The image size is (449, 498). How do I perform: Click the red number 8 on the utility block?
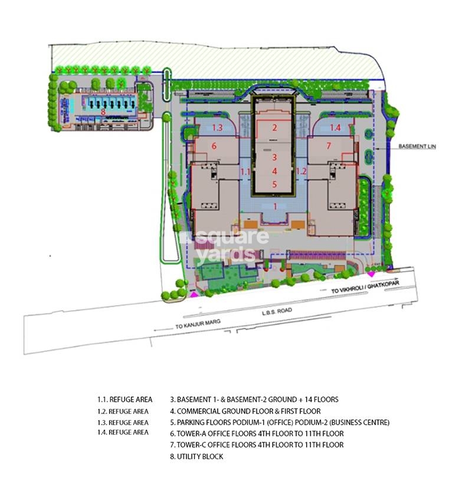pos(103,110)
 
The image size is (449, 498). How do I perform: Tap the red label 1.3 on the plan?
pos(217,128)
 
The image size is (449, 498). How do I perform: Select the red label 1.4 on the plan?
pos(335,128)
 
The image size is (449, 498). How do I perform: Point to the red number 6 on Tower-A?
pos(214,146)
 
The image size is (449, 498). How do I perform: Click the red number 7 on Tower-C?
pos(329,146)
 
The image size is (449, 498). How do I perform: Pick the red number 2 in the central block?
pos(274,128)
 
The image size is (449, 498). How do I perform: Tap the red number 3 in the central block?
pos(274,157)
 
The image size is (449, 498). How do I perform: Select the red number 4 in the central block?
pos(274,171)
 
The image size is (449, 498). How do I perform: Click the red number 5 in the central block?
pos(274,184)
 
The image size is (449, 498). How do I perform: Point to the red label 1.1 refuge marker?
pos(247,171)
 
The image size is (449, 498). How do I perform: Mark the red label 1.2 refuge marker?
pos(301,171)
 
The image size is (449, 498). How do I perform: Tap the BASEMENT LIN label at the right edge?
pos(416,146)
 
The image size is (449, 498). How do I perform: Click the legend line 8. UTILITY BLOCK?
pos(196,457)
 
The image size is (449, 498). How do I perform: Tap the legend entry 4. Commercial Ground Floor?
pos(245,411)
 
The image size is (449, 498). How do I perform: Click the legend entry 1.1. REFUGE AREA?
pos(124,400)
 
